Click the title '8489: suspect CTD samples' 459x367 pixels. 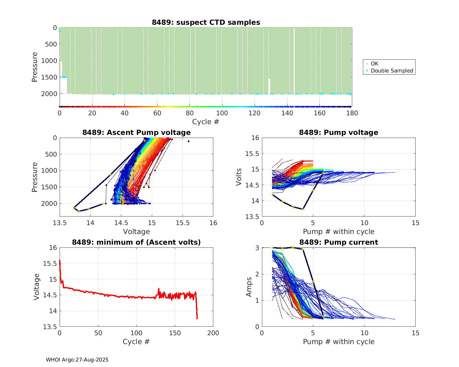point(206,22)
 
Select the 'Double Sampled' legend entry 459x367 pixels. point(392,71)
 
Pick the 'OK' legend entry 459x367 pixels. point(375,64)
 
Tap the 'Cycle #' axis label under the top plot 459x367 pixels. point(206,122)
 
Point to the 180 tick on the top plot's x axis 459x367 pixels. point(352,113)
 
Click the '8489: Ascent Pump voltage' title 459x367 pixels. point(136,132)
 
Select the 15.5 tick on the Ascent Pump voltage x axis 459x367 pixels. point(182,223)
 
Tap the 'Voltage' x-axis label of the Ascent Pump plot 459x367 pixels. point(136,232)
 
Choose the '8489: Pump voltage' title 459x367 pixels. point(338,132)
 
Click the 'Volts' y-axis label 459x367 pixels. point(239,177)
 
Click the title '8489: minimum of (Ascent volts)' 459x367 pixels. point(136,242)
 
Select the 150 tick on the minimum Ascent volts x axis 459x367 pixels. point(175,333)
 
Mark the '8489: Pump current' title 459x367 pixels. point(338,242)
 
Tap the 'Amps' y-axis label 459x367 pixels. point(249,287)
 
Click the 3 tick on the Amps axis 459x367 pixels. point(257,247)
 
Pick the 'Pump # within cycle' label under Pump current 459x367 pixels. point(338,342)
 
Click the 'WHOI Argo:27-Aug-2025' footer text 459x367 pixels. point(77,360)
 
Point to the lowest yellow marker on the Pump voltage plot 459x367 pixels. point(303,209)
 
